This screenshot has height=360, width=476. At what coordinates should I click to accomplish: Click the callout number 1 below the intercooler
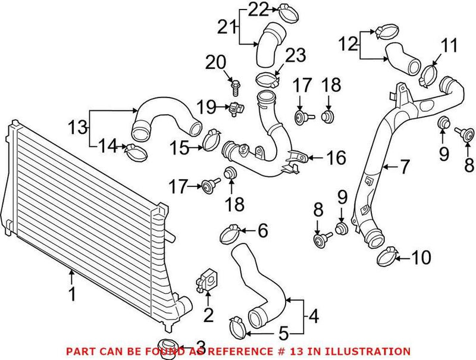click(72, 293)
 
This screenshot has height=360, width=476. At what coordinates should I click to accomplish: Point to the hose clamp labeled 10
click(387, 257)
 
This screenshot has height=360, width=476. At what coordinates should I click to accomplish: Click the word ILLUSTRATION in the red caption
click(372, 352)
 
